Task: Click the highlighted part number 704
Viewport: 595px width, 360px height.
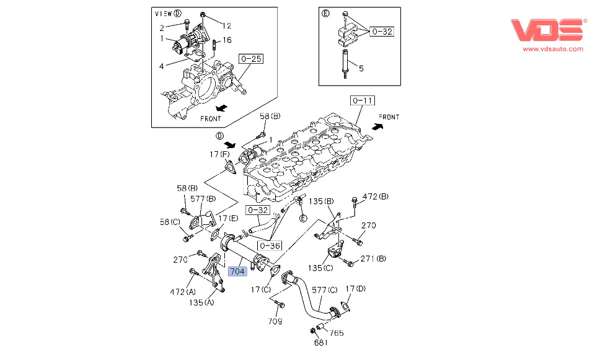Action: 238,271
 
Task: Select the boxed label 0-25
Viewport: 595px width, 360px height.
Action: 251,59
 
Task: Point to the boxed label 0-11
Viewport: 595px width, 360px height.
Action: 363,100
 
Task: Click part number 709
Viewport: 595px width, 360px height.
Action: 275,321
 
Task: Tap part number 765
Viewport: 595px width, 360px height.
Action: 337,333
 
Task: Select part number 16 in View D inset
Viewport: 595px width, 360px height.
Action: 227,40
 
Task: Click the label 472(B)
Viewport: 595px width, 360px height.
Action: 376,196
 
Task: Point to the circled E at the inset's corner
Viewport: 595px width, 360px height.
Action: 326,12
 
